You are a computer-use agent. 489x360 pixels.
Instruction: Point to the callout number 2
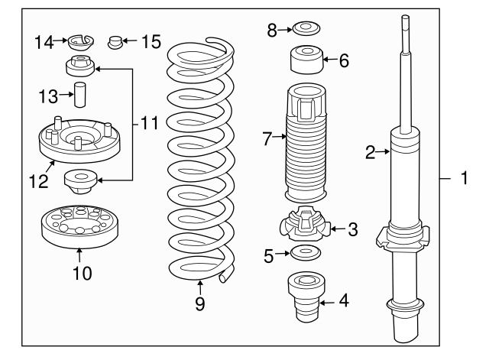pos(370,153)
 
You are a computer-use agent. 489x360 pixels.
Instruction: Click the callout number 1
pos(463,180)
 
